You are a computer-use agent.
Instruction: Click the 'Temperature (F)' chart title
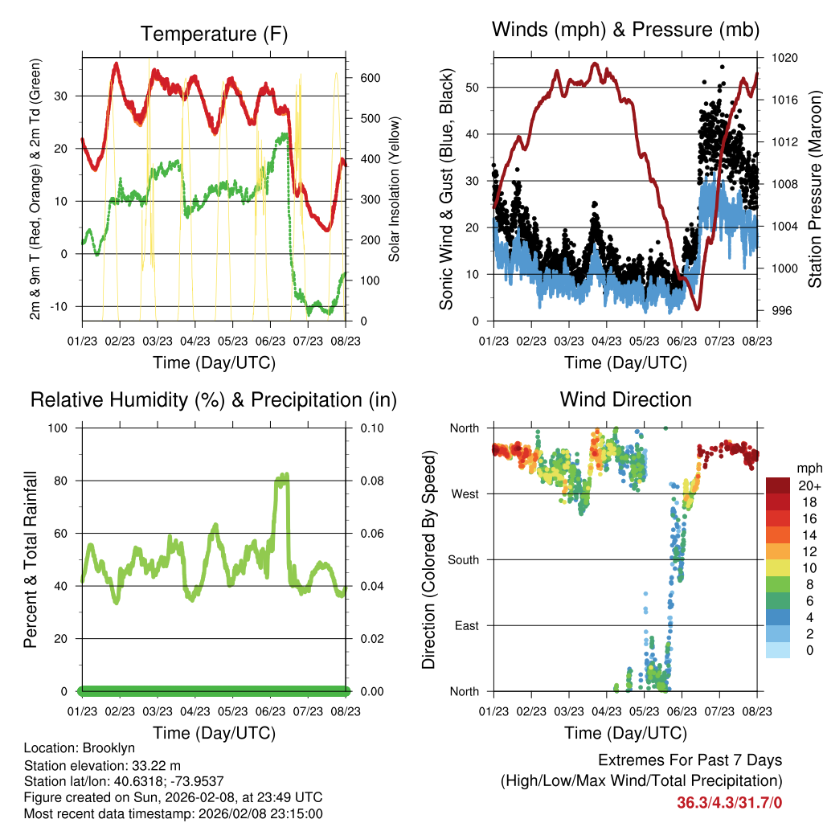click(214, 34)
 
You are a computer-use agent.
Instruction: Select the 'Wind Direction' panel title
click(625, 399)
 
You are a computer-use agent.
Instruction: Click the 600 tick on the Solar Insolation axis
click(370, 78)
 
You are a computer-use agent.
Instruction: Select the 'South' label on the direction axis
click(464, 559)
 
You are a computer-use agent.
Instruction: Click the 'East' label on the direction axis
click(465, 625)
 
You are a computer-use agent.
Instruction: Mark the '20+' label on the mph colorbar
click(809, 486)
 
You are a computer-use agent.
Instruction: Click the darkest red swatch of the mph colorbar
click(778, 485)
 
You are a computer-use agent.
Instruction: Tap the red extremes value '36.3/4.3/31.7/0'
click(729, 802)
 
